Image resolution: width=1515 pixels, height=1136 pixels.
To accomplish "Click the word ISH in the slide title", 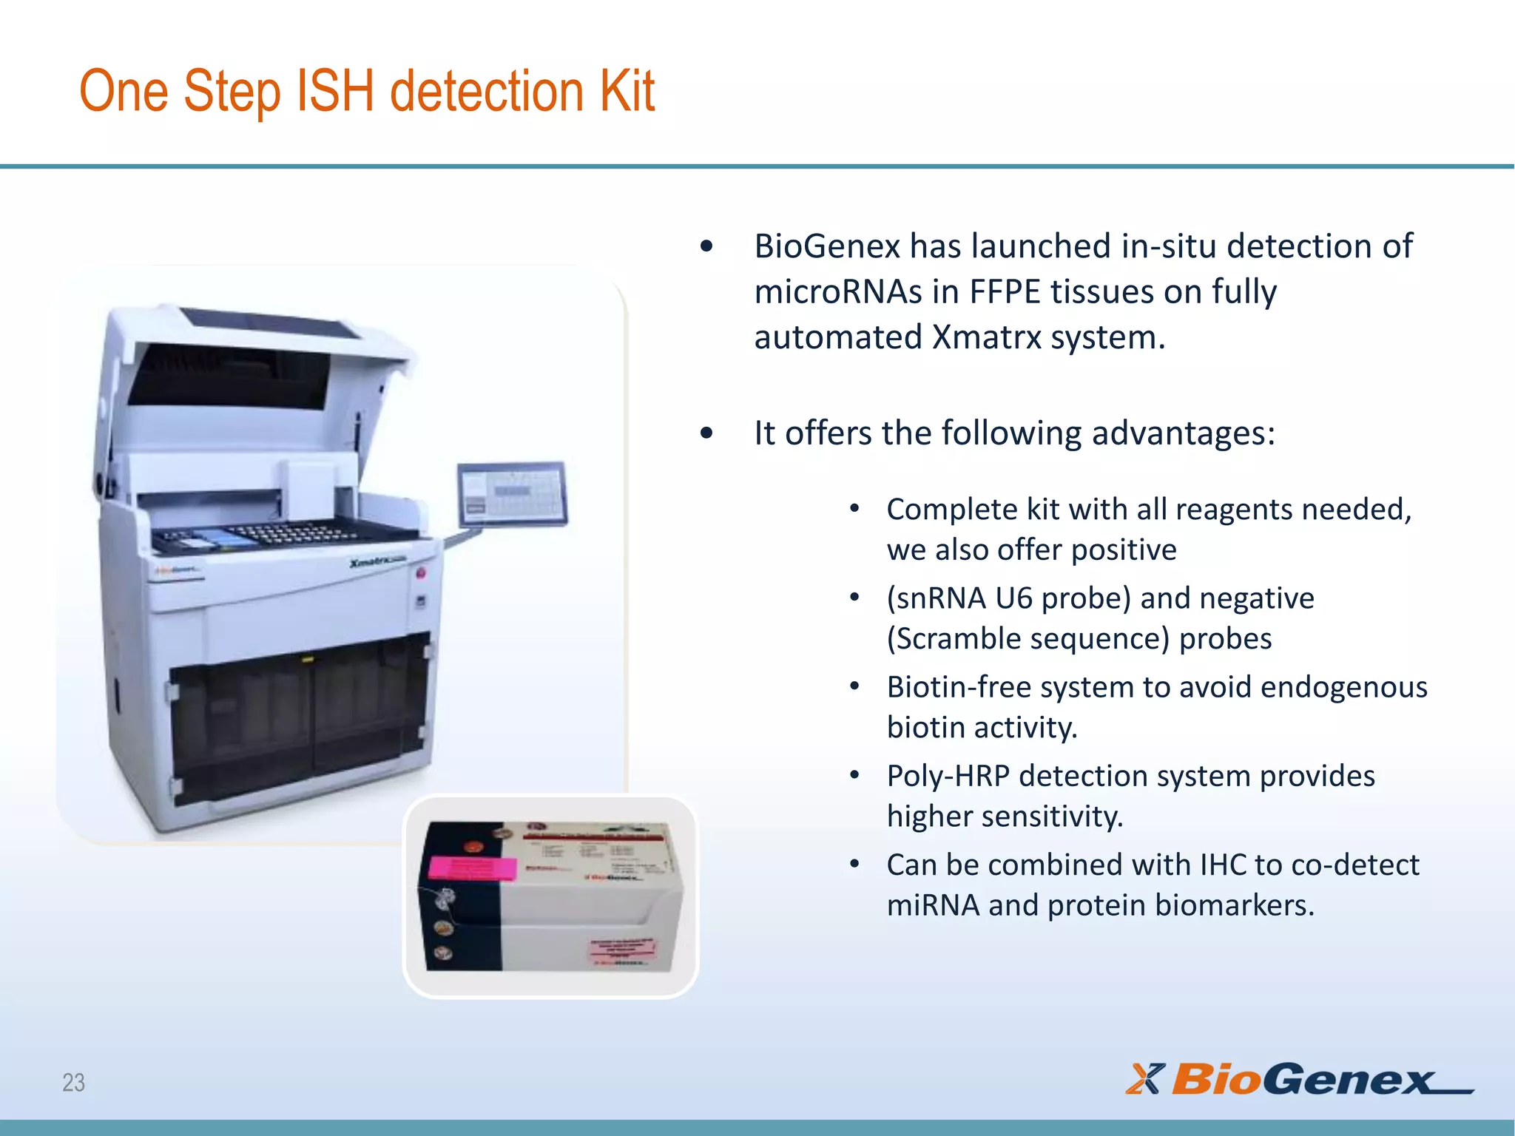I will pos(334,91).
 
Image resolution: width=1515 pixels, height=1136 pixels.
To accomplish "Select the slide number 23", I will pos(73,1083).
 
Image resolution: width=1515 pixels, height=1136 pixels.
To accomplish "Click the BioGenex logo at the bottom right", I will pos(1300,1079).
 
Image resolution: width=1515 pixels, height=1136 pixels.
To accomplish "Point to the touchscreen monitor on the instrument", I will pos(512,493).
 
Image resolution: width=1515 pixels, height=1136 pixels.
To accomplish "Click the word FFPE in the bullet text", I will pos(1005,292).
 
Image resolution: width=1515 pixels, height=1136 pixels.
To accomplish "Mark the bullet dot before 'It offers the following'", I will pos(706,433).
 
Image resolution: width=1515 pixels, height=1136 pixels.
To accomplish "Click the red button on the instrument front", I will pos(420,573).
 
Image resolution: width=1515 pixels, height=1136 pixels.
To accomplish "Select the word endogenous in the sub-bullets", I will pos(1343,687).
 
